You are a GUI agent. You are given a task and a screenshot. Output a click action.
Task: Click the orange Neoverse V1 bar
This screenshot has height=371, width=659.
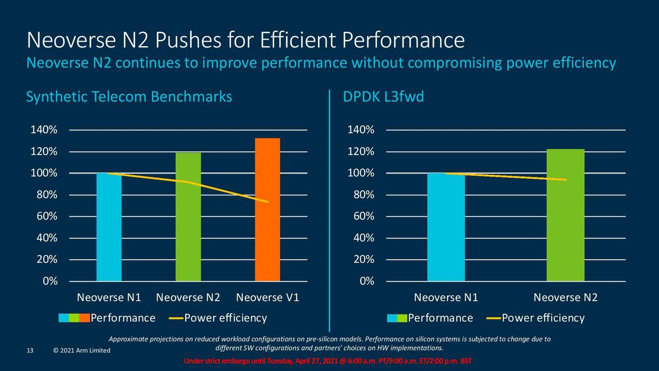point(267,209)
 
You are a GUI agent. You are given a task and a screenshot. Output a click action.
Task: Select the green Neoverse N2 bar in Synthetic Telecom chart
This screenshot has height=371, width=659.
point(188,217)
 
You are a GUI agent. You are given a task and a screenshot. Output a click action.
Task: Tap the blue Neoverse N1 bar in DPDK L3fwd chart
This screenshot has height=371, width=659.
point(446,227)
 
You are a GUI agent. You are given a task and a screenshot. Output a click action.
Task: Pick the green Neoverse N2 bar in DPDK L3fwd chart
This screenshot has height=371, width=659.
point(566,215)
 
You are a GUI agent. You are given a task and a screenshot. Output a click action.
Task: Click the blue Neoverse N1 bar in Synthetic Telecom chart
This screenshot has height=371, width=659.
point(109,227)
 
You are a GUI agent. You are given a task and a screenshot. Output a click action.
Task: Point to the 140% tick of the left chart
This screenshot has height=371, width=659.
point(44,130)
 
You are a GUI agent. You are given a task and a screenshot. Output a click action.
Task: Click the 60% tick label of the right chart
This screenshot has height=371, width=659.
point(364,216)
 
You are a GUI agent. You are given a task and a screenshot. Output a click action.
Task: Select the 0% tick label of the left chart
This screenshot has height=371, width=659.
point(50,281)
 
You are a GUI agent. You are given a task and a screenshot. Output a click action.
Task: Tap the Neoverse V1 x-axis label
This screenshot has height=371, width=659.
point(267,297)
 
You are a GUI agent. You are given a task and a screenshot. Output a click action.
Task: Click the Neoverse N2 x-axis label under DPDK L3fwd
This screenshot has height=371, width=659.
point(566,297)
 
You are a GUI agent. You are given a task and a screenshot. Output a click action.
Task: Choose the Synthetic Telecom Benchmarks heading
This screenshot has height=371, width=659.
point(129,97)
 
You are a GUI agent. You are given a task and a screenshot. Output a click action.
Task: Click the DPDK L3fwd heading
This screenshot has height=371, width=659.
point(383,97)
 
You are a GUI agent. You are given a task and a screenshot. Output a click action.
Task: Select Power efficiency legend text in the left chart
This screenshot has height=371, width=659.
point(226,318)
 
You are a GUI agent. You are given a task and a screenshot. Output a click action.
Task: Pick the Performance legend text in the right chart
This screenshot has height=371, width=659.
point(440,318)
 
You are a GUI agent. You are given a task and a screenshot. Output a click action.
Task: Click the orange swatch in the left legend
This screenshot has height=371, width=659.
point(85,318)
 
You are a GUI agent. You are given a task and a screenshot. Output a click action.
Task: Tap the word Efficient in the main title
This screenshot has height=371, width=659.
point(298,40)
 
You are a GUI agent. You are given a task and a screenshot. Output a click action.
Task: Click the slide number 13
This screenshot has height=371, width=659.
point(30,351)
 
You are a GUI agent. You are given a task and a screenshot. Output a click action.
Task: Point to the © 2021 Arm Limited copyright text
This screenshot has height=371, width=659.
point(82,351)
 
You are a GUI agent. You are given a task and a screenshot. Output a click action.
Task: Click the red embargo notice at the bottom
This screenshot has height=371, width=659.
point(328,361)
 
